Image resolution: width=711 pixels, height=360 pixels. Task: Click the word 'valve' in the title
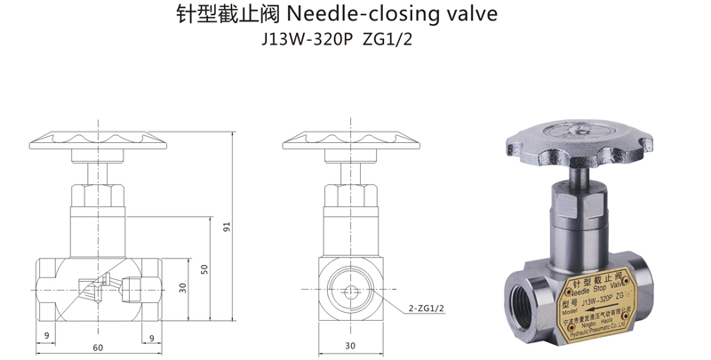(466, 16)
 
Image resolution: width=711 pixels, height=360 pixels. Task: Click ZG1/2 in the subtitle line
(387, 42)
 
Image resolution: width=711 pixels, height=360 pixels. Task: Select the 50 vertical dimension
(204, 268)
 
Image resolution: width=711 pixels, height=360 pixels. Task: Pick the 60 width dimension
(97, 347)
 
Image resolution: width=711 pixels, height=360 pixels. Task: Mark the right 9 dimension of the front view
(152, 336)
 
